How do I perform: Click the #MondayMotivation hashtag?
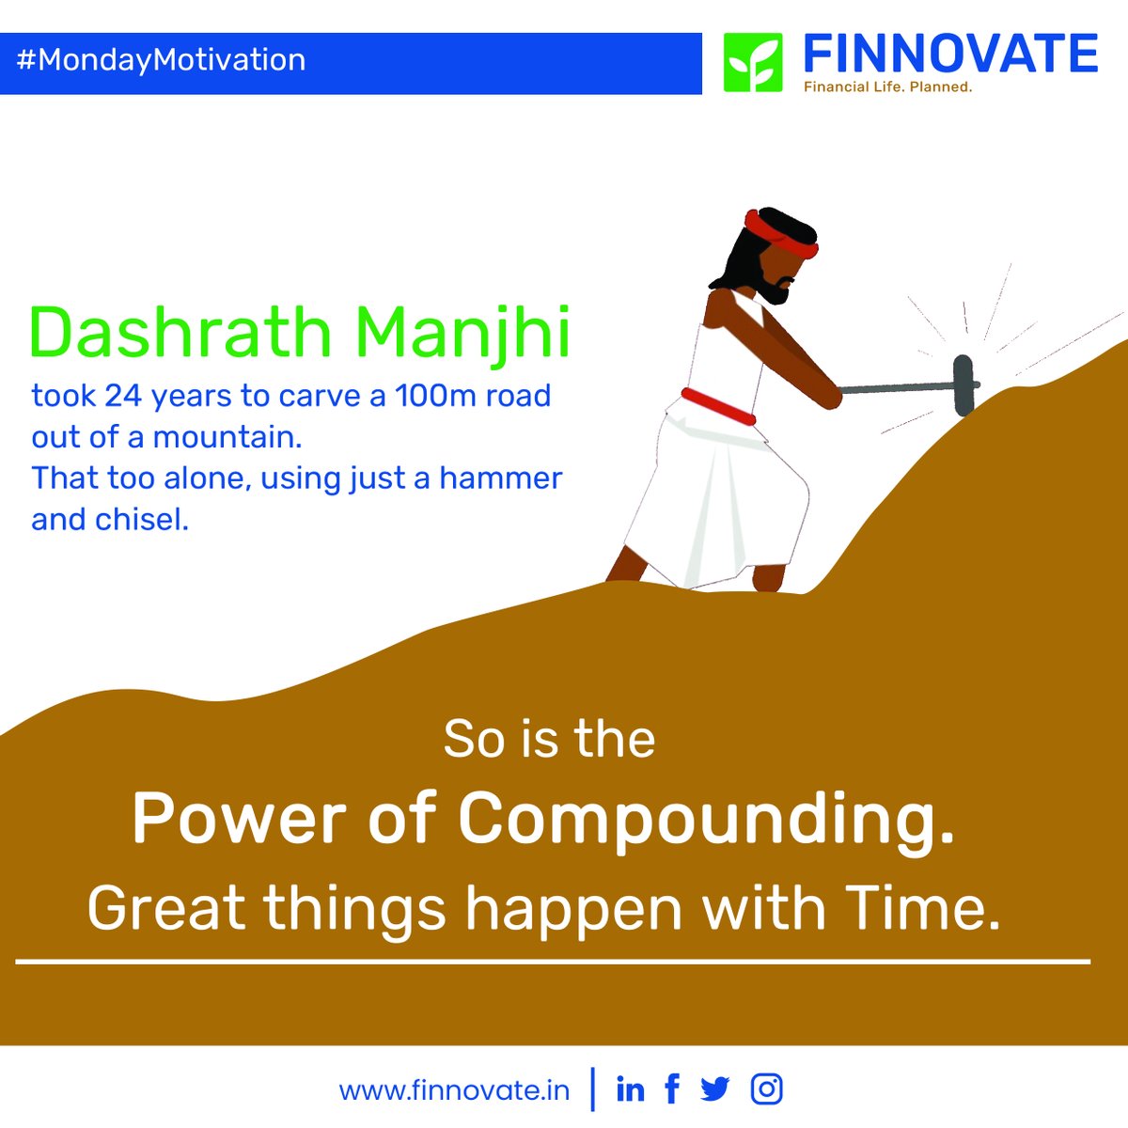coord(161,60)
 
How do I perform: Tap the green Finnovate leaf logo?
coord(752,63)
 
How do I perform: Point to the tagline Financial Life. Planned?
coord(887,86)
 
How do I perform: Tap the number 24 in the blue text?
coord(123,396)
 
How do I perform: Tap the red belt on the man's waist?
coord(719,405)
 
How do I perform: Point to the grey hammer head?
coord(963,384)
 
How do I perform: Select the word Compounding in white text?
coord(706,820)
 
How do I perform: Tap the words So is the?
coord(549,739)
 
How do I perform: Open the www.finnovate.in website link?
coord(454,1090)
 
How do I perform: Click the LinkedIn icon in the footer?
coord(630,1089)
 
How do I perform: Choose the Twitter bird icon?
coord(715,1089)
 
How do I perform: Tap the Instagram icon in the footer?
coord(767,1089)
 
